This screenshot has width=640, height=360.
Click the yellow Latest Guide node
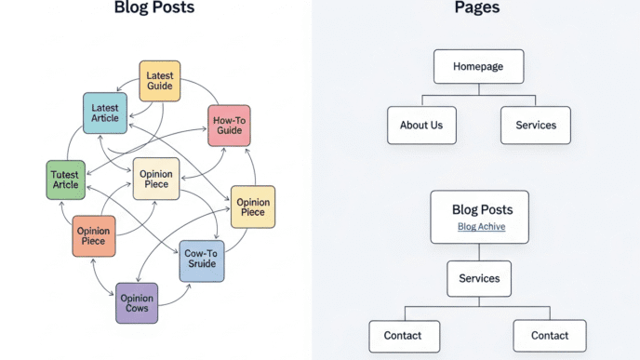coord(159,81)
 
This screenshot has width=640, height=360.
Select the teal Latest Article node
coord(104,113)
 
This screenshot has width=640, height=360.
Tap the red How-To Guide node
coord(228,126)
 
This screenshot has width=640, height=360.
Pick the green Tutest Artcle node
coord(66,180)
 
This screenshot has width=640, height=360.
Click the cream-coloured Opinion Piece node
coord(155,179)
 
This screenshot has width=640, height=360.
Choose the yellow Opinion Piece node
coord(253,207)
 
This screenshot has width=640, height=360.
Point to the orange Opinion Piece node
coord(94,235)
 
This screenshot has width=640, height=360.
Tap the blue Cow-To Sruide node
coord(202,260)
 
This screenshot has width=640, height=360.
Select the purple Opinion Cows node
coord(137,303)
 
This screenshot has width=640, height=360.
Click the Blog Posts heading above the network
coord(154,8)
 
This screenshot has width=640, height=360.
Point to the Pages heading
coord(476,8)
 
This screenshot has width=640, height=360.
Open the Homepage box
coord(478,67)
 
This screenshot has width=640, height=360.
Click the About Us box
coord(421,125)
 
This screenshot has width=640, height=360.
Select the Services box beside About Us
coord(535,125)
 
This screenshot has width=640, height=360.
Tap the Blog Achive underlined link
coord(481,227)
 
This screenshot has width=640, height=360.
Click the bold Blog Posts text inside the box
coord(482,209)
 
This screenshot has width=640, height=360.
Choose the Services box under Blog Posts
coord(479,278)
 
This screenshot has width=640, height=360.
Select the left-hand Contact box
coord(403,335)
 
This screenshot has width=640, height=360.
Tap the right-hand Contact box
coord(549,335)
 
